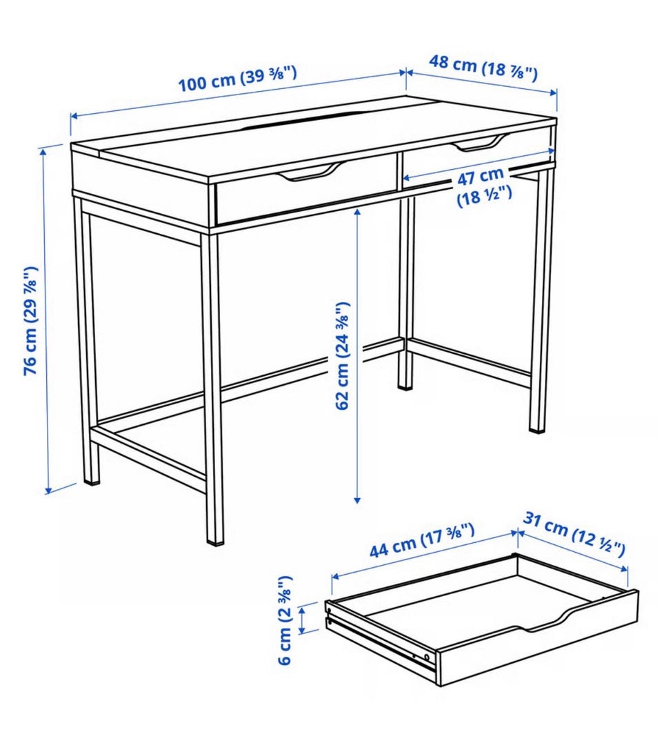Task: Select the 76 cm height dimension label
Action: click(x=30, y=320)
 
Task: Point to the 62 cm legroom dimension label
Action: click(x=343, y=356)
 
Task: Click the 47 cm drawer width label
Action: click(x=483, y=186)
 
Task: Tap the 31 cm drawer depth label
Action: click(x=573, y=535)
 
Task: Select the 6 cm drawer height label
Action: click(x=285, y=620)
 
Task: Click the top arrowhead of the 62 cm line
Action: click(x=357, y=212)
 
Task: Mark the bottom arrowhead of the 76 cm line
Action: click(x=48, y=490)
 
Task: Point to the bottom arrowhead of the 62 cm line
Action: click(x=357, y=500)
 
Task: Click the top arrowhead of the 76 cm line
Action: click(x=43, y=150)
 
